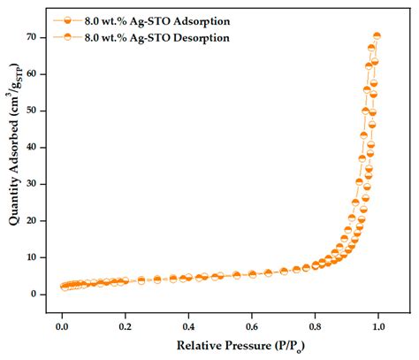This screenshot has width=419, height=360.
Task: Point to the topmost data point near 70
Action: pos(377,36)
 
